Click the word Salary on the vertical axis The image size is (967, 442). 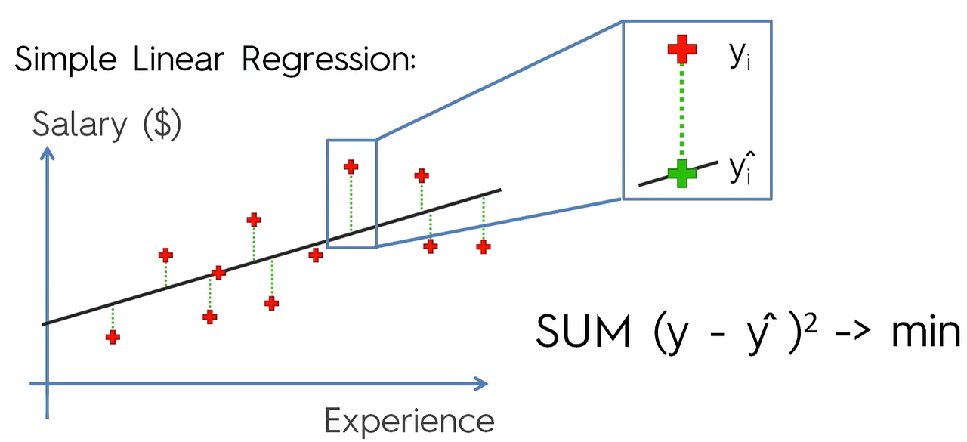click(x=79, y=125)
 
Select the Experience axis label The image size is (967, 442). click(x=409, y=420)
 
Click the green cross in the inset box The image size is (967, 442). click(x=682, y=174)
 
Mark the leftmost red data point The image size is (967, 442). click(x=113, y=336)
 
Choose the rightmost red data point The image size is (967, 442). click(x=483, y=246)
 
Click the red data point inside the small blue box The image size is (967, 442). click(x=351, y=166)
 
